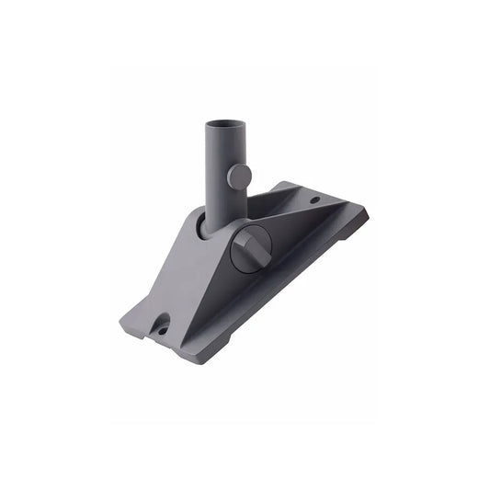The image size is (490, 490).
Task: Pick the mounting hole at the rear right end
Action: (313, 199)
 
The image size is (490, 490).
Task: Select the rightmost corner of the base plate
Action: (367, 213)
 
